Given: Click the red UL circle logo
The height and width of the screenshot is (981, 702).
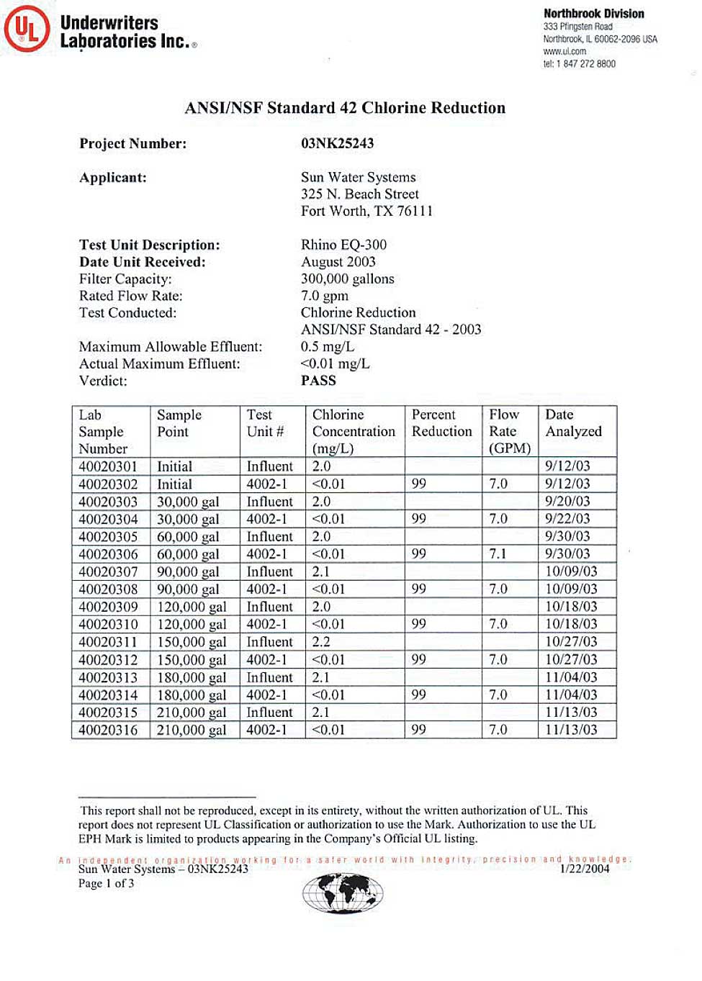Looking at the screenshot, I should tap(27, 30).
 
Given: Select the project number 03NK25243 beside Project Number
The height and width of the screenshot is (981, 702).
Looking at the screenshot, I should tap(337, 143).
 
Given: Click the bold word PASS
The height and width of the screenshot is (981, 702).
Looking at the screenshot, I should tap(318, 381).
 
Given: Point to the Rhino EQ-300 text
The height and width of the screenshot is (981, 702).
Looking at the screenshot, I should tap(343, 245).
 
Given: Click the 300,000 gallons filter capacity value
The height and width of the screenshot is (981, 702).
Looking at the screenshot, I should tap(347, 279).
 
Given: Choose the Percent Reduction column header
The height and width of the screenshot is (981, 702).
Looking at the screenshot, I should tap(441, 423).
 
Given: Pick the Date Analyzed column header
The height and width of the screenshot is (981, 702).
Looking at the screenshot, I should tap(573, 423).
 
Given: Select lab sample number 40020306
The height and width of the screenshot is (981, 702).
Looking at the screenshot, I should tap(108, 554).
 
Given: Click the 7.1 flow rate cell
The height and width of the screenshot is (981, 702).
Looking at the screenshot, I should tap(498, 554).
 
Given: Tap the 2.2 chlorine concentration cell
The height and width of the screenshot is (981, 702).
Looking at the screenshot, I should tap(321, 642).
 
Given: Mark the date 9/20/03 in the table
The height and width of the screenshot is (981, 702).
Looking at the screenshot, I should tap(567, 502).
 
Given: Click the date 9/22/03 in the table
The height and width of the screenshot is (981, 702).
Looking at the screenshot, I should tap(567, 519).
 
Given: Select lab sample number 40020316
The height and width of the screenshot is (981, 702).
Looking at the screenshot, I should tap(108, 730).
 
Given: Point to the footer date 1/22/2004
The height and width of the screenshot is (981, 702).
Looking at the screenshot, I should tap(584, 869).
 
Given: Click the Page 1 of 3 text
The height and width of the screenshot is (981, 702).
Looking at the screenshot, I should tap(106, 883).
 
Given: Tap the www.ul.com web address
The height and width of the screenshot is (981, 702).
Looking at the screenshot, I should tap(564, 51).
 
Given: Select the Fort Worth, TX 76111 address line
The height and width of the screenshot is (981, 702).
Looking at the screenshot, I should tap(366, 211).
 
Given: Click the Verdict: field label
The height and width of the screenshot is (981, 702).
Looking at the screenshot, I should tap(103, 381).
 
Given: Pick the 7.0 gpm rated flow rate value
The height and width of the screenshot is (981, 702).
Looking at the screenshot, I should tap(324, 296).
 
